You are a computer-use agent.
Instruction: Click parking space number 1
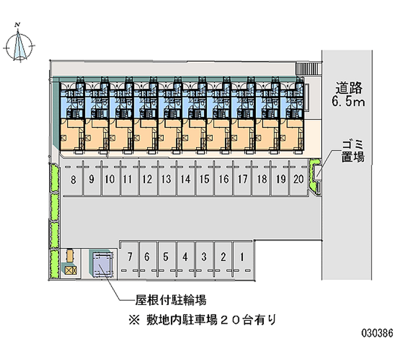pos(242,257)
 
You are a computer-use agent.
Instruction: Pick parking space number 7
pos(129,257)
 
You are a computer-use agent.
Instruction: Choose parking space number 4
pos(185,257)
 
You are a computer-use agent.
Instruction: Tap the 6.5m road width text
pos(349,103)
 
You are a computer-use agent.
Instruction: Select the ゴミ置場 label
pos(352,151)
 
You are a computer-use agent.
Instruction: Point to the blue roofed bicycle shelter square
pos(101,263)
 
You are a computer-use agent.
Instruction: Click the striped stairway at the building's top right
pos(308,69)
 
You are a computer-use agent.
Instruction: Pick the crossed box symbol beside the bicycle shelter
pos(69,270)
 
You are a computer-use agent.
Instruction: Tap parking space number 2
pos(223,257)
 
